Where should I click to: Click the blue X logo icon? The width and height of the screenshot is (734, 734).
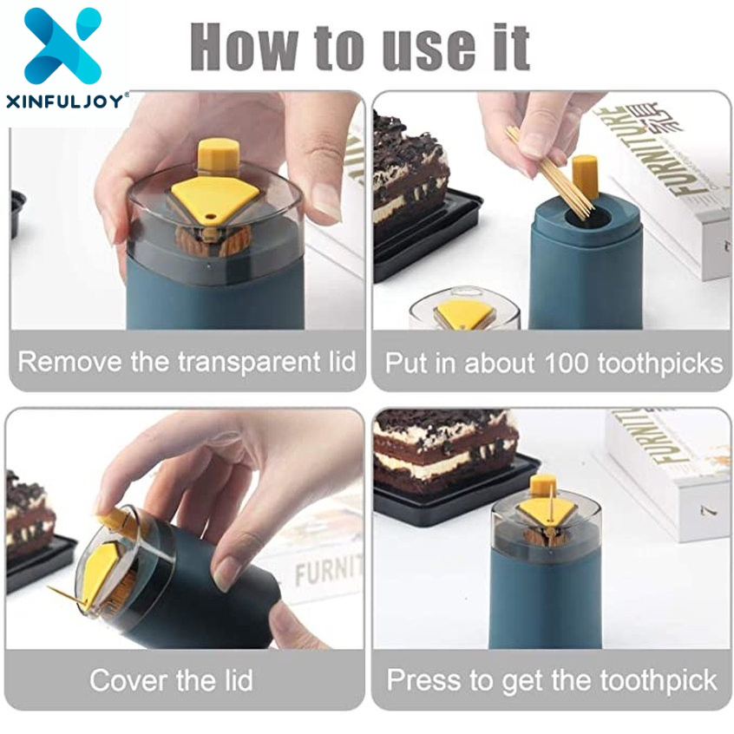tap(62, 45)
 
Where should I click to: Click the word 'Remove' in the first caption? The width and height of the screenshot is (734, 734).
tap(70, 362)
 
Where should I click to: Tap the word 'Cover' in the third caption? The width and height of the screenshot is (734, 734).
tap(128, 680)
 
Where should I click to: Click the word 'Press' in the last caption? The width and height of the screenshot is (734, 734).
tap(423, 680)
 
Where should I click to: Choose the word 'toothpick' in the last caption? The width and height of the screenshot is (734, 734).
tap(659, 681)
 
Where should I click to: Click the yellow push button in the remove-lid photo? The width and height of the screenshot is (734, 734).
tap(219, 154)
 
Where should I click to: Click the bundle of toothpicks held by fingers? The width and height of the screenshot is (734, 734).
tap(549, 174)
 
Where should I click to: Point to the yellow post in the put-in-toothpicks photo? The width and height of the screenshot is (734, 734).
tap(585, 178)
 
